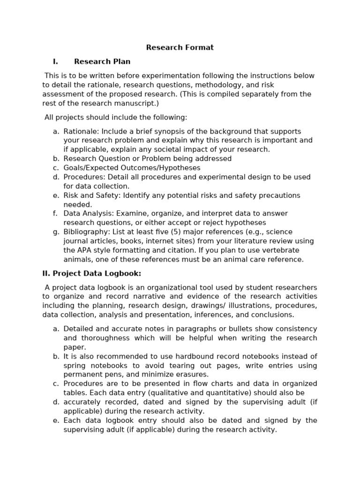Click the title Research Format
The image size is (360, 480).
(x=180, y=47)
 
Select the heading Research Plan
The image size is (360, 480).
(x=102, y=61)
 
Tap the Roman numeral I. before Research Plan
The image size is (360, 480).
(x=55, y=61)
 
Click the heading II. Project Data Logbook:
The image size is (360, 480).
(x=91, y=273)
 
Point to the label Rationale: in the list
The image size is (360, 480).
(x=81, y=131)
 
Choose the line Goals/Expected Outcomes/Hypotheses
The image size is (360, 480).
(x=132, y=168)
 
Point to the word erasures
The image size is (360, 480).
(x=194, y=375)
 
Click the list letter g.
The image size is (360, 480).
(x=56, y=232)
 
